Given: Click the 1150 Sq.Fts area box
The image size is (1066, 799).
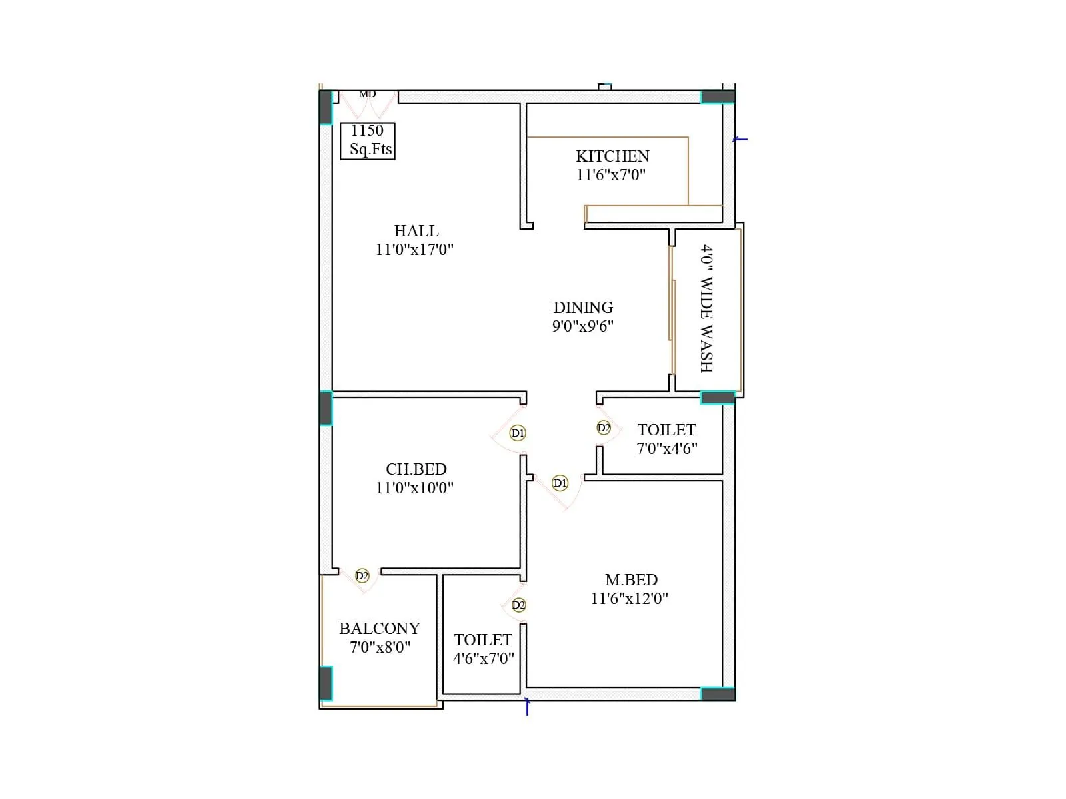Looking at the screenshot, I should point(367,140).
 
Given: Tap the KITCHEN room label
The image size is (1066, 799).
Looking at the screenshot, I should point(612,156).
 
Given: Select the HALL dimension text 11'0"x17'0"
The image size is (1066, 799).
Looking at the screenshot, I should point(414,250).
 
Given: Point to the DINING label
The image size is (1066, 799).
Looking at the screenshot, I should point(583,308).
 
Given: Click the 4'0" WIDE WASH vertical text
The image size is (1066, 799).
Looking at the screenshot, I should point(706,308).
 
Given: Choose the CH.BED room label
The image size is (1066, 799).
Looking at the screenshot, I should point(416,469).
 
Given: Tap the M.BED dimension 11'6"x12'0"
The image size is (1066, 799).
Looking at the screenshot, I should point(629,599).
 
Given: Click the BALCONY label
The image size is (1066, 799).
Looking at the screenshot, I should point(380,629).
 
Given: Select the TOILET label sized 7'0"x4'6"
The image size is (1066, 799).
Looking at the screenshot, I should point(666,430).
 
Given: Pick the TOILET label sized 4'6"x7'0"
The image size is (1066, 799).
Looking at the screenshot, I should point(483,640).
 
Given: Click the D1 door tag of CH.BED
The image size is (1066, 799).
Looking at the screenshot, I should point(518,433).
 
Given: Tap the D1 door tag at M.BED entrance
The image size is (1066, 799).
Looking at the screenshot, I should point(560,483).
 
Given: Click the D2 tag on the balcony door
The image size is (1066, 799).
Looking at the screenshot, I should point(362,575).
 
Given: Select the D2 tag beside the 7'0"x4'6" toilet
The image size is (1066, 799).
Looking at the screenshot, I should point(604,428).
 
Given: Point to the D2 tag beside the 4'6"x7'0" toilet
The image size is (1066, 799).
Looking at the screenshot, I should point(518,605).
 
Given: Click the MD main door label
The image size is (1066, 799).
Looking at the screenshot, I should point(367,94).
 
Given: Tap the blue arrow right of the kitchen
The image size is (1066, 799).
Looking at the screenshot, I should point(740,140).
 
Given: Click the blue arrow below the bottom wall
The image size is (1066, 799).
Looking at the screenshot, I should point(527,706).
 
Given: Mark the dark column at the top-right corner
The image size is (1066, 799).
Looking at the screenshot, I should point(718,97).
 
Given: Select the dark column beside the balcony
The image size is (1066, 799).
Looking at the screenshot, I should point(326,683).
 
